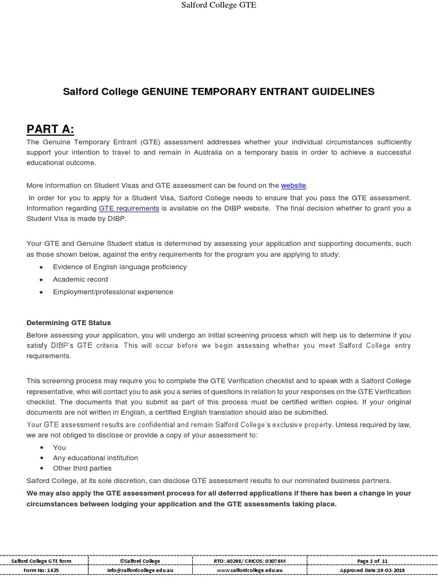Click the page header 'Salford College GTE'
click(218, 5)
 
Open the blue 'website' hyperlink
click(293, 185)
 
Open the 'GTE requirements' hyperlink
click(129, 208)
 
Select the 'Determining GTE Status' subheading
click(68, 323)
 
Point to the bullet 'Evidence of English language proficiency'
click(119, 267)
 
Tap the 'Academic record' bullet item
click(80, 279)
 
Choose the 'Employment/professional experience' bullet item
click(113, 292)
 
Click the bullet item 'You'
click(59, 448)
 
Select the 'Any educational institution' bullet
click(95, 458)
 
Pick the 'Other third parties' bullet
click(82, 468)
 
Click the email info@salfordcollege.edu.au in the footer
click(140, 570)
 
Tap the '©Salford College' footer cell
click(140, 561)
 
